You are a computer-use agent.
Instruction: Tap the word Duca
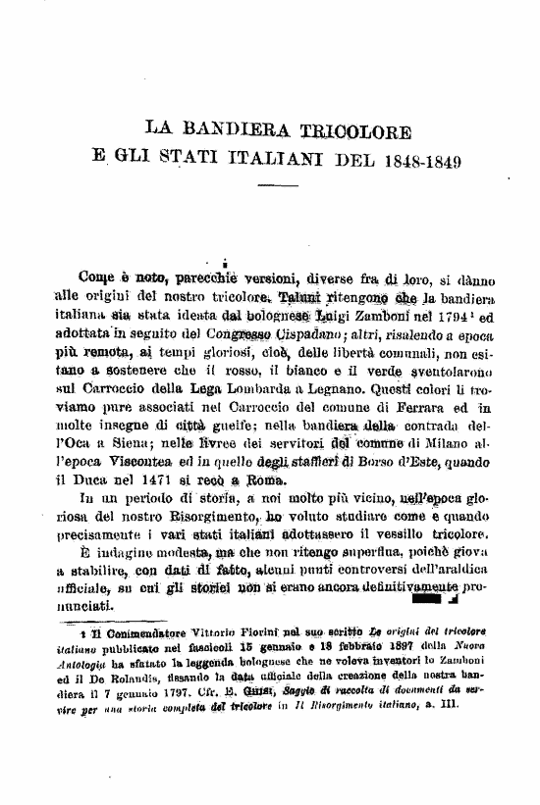tap(108, 480)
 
